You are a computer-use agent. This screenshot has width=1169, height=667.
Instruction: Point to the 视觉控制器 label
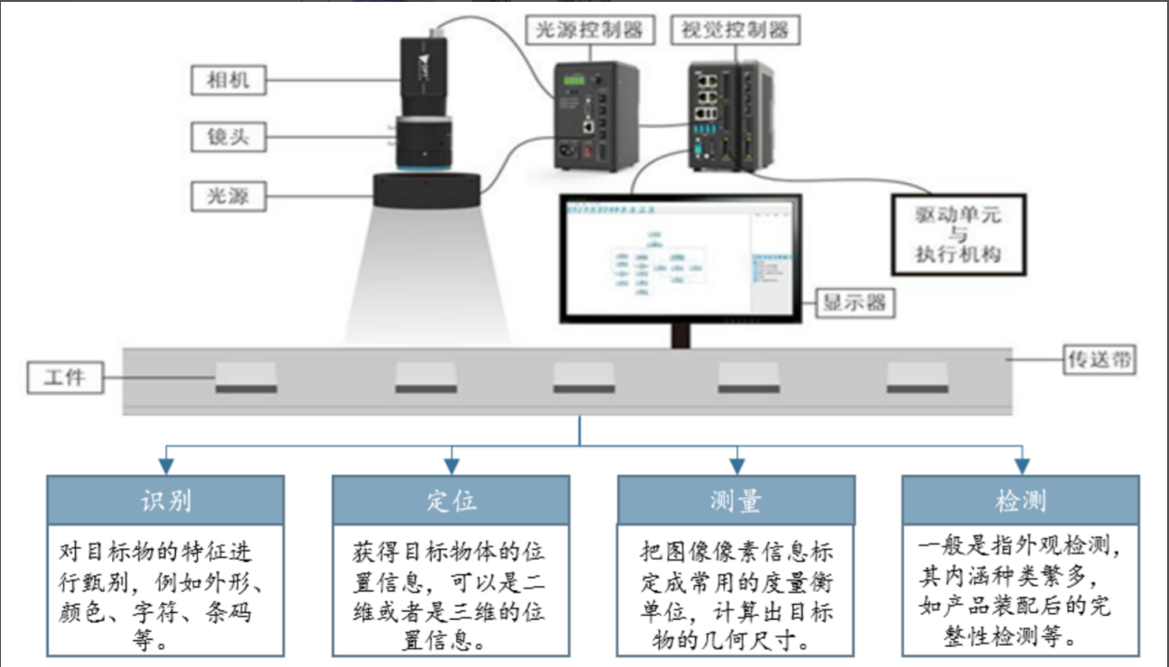[734, 31]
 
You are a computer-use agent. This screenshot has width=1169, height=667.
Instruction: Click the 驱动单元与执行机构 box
[957, 233]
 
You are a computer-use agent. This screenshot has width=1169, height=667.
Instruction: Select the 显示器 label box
[855, 303]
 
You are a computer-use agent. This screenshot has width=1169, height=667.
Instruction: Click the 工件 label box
[64, 377]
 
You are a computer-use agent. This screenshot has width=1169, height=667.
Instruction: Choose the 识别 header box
[166, 501]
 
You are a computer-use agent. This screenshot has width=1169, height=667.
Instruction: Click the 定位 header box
[451, 501]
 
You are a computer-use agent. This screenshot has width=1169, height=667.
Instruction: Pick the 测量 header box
[736, 501]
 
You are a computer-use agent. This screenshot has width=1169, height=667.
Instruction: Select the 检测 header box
[1020, 501]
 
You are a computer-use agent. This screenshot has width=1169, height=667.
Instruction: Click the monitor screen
[679, 257]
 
